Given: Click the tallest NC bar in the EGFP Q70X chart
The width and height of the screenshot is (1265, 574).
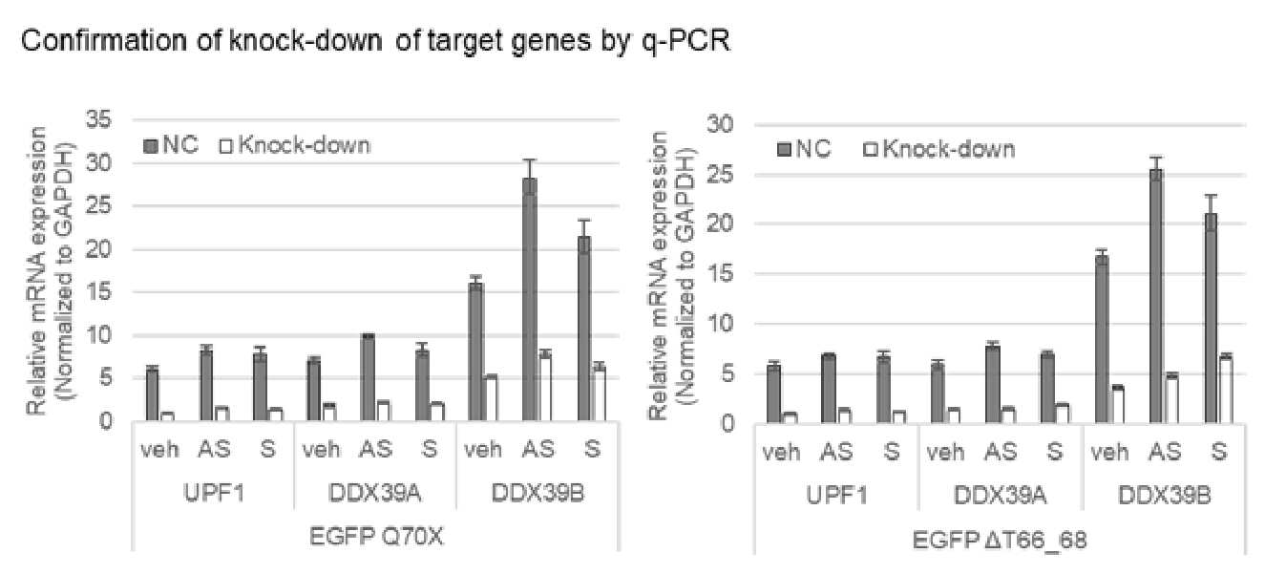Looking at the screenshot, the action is [530, 299].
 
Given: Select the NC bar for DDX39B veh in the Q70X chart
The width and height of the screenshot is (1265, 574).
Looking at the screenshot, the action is [476, 351].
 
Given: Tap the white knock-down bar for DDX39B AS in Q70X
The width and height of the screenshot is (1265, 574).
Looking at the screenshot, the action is [544, 388].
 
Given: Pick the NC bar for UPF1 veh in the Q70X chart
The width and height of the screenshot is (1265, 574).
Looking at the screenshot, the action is [153, 394].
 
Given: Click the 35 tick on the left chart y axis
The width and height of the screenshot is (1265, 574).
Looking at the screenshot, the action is [99, 119].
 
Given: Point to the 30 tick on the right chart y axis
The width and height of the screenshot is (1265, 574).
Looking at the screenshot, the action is [720, 124].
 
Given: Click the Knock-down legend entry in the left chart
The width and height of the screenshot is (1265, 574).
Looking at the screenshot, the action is [295, 146].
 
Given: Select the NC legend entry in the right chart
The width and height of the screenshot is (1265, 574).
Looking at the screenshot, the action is [804, 149].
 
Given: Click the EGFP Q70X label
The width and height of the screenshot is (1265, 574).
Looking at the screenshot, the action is [377, 537].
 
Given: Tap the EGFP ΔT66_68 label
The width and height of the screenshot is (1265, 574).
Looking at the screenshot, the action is [1000, 541].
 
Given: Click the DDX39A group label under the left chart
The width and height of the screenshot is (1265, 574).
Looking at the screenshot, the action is [375, 494].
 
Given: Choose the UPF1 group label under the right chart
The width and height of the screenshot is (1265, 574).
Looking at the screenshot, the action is [837, 496].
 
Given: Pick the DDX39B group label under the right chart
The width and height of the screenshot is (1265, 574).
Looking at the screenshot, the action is [1165, 496].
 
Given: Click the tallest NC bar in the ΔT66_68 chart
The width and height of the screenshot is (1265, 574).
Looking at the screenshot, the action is [1156, 296].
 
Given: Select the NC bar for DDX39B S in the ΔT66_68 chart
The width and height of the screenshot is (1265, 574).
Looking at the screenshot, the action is [1211, 318].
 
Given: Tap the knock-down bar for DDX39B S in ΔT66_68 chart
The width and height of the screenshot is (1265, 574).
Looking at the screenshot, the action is [1225, 391].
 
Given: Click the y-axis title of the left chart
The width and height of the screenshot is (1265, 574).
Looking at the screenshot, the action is [51, 271].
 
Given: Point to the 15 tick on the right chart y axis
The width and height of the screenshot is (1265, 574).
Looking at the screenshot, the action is [720, 274].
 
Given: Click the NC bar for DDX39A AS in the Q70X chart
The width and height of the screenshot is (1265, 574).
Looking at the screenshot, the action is [369, 377].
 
